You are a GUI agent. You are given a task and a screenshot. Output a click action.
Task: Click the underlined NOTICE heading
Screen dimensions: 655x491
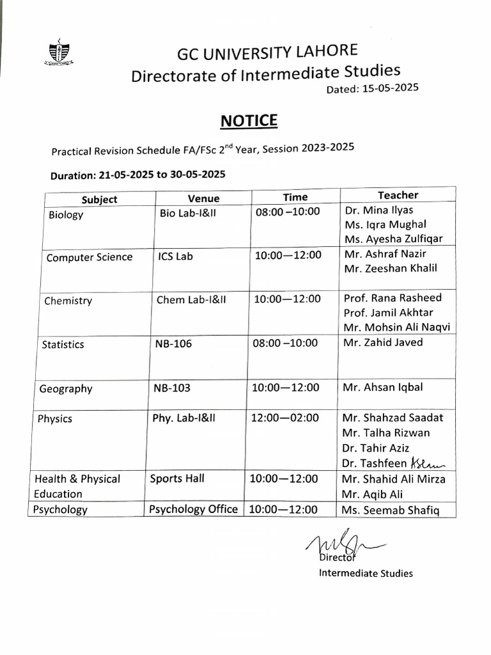pos(249,121)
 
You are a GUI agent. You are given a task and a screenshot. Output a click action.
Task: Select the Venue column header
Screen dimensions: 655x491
pos(203,198)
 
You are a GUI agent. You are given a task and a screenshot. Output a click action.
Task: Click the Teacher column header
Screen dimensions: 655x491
pos(398,195)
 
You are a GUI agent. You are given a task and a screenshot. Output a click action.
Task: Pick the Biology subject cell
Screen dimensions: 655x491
pos(66,215)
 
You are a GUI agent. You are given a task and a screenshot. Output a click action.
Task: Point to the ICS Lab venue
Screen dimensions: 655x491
pos(175,256)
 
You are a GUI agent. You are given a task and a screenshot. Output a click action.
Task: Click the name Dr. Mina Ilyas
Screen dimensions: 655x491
pos(378,210)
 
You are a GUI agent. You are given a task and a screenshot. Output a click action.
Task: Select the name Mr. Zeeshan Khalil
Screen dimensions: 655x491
pos(390,268)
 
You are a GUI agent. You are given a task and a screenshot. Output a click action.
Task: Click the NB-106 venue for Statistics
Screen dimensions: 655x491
pos(173,343)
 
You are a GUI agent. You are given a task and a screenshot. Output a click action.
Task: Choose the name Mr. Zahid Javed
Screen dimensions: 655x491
pos(383,342)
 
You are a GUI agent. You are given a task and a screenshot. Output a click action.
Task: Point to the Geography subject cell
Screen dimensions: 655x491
pos(66,389)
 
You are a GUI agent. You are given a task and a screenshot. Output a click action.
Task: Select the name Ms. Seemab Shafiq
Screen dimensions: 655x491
pos(391,510)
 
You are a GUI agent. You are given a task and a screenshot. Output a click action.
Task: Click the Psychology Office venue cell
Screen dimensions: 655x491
pos(194,509)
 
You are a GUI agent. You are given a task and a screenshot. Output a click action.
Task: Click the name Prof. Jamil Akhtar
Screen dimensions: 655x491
pos(388,312)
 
